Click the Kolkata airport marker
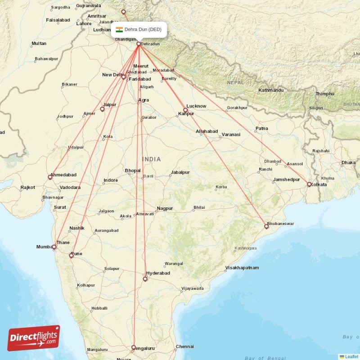coord(309,184)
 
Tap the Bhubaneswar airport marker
coord(266,226)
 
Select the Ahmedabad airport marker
coord(50,177)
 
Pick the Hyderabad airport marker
coord(145,279)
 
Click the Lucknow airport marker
coord(185,110)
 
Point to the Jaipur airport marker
coord(102,109)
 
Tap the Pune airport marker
coord(71,256)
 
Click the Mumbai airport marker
coord(54,247)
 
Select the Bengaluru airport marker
coord(133,347)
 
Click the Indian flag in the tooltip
coord(119,30)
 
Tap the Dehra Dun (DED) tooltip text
coord(143,30)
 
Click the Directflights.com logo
coord(34,338)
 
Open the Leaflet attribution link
coord(351,356)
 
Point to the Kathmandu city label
coord(271,90)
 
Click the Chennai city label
coord(184,346)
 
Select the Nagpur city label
coord(165,208)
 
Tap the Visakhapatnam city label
coord(242,268)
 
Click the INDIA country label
coord(152,159)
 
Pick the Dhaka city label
coord(348,162)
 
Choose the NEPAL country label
coord(235,83)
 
